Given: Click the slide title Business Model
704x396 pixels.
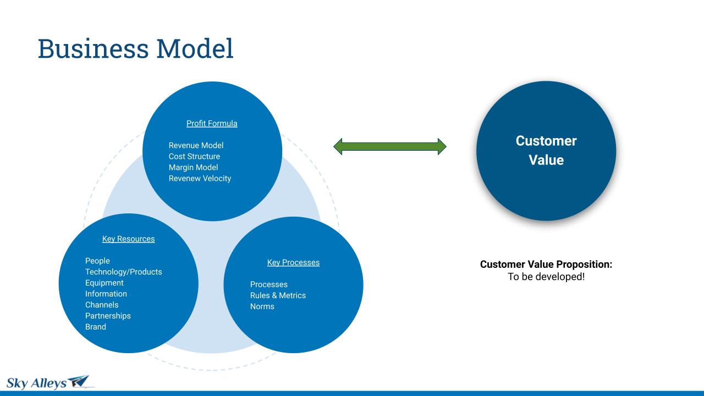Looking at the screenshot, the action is (x=135, y=48).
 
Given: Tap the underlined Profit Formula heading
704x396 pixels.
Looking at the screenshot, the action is (x=212, y=124).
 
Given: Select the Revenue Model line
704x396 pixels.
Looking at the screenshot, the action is (x=196, y=145).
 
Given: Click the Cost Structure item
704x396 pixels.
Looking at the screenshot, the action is (x=194, y=156).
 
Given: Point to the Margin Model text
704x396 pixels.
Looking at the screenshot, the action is (x=193, y=167).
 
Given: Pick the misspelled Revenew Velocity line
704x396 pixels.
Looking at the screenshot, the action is (x=200, y=178).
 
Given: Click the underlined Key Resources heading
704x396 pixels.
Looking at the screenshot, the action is (x=129, y=239).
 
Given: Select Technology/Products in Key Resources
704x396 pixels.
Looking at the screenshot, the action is (x=124, y=272).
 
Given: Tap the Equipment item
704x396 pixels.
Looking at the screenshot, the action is (x=105, y=283).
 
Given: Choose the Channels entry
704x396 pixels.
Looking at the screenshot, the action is (x=102, y=305).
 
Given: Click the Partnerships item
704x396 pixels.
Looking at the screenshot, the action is (x=108, y=316).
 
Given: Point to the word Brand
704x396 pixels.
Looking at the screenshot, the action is (x=96, y=327).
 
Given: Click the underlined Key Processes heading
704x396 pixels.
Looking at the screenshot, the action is (x=293, y=262).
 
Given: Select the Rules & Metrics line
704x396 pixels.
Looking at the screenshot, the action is (x=278, y=295).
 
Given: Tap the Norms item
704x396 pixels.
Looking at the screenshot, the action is (x=262, y=306).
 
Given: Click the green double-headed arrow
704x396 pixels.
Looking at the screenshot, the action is (x=390, y=146).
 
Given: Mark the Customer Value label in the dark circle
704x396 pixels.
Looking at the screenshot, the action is (x=546, y=150).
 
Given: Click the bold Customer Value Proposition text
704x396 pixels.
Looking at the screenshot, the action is (x=546, y=265).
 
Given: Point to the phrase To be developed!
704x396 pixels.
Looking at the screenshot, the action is (x=546, y=277).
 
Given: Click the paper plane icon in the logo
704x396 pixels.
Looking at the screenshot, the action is (x=79, y=381).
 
